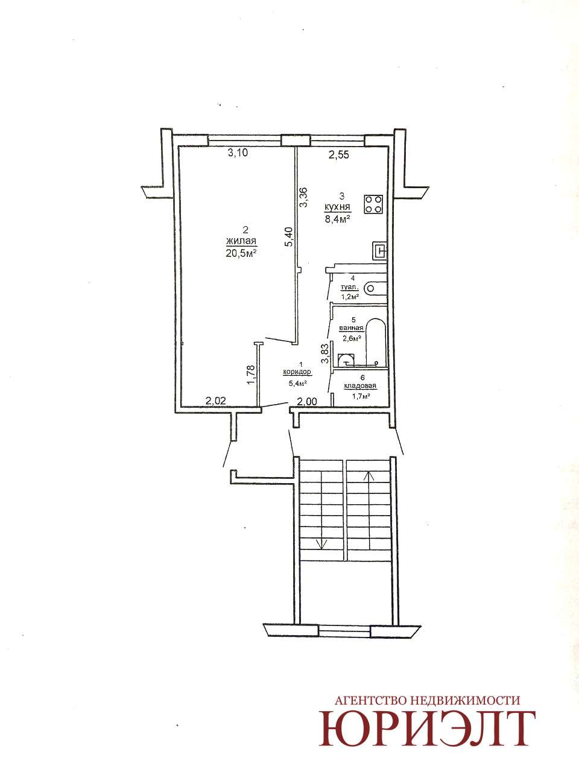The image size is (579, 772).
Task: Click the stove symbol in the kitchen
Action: point(373,204)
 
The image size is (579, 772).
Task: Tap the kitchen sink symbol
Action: point(379,250)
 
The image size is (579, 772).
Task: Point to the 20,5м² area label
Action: point(241,253)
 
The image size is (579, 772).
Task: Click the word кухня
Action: point(338,207)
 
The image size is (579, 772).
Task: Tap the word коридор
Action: point(297,372)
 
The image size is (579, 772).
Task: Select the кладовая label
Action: point(360,386)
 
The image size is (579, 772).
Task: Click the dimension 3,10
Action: point(238,153)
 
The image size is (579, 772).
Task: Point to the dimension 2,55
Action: point(339,155)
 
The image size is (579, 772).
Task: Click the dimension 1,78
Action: point(250,375)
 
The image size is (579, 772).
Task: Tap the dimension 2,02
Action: point(215,400)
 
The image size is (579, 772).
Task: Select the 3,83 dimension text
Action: point(326,353)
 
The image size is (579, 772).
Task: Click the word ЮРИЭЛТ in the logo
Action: point(427,730)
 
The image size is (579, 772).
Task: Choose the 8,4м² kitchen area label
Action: point(338,220)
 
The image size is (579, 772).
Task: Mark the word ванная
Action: point(350,329)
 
